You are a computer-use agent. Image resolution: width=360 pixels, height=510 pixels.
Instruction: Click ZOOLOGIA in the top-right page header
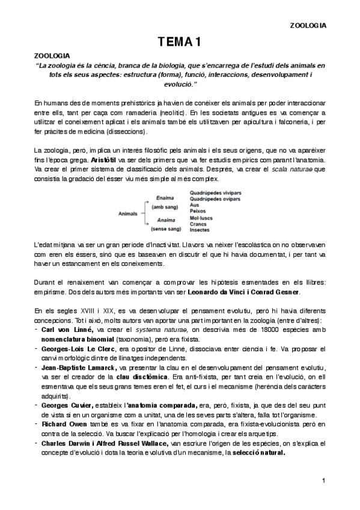tap(308, 25)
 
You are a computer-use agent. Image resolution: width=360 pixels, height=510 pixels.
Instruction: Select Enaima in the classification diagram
tap(165, 198)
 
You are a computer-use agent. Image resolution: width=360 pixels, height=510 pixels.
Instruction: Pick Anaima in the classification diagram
tap(165, 220)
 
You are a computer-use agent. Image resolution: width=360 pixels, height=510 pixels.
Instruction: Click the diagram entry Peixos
tap(199, 211)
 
